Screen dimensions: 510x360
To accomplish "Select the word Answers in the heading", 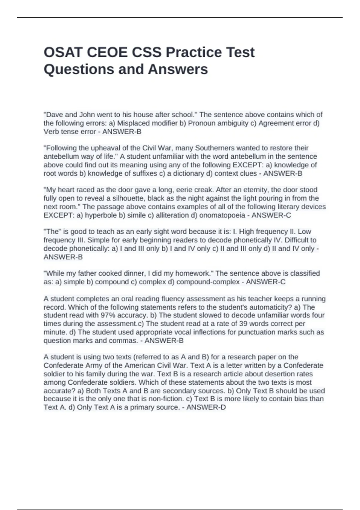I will [x=178, y=69].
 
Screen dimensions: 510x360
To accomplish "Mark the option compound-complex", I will [x=208, y=282].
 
